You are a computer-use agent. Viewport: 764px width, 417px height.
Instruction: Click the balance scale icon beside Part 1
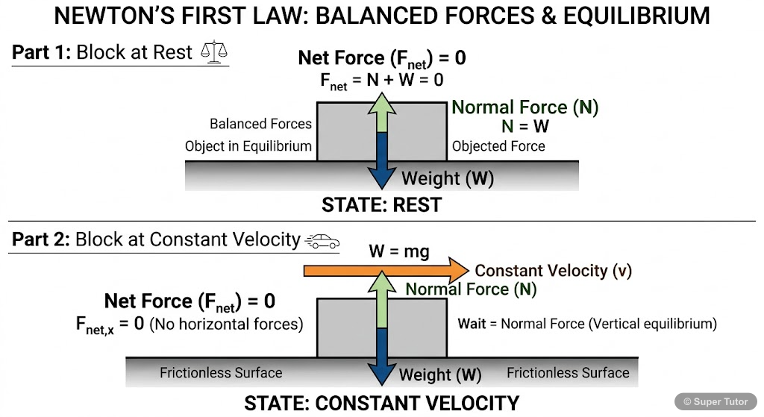point(215,54)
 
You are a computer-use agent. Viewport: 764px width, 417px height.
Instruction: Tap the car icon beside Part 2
point(322,241)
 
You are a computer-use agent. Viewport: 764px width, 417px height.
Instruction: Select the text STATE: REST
point(381,204)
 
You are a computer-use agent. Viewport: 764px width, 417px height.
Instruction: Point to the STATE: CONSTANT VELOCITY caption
point(381,404)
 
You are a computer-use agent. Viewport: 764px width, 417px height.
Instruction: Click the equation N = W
point(525,126)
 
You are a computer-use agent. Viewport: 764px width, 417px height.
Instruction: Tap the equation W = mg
point(399,251)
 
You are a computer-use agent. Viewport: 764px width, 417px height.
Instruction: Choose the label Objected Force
point(498,146)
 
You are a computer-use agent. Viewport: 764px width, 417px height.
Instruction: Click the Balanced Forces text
point(260,124)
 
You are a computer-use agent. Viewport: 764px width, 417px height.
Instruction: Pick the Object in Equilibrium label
point(248,146)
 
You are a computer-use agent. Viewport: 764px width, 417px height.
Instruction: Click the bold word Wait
point(472,324)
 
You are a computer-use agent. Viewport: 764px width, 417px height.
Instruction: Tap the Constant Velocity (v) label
point(553,271)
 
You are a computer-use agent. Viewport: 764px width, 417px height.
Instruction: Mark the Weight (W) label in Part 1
point(448,179)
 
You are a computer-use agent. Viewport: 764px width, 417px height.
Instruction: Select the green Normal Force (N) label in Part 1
point(525,107)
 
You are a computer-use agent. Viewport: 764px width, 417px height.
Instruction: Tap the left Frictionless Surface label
point(221,372)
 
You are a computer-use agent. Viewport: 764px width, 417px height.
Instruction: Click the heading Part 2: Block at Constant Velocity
point(156,239)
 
